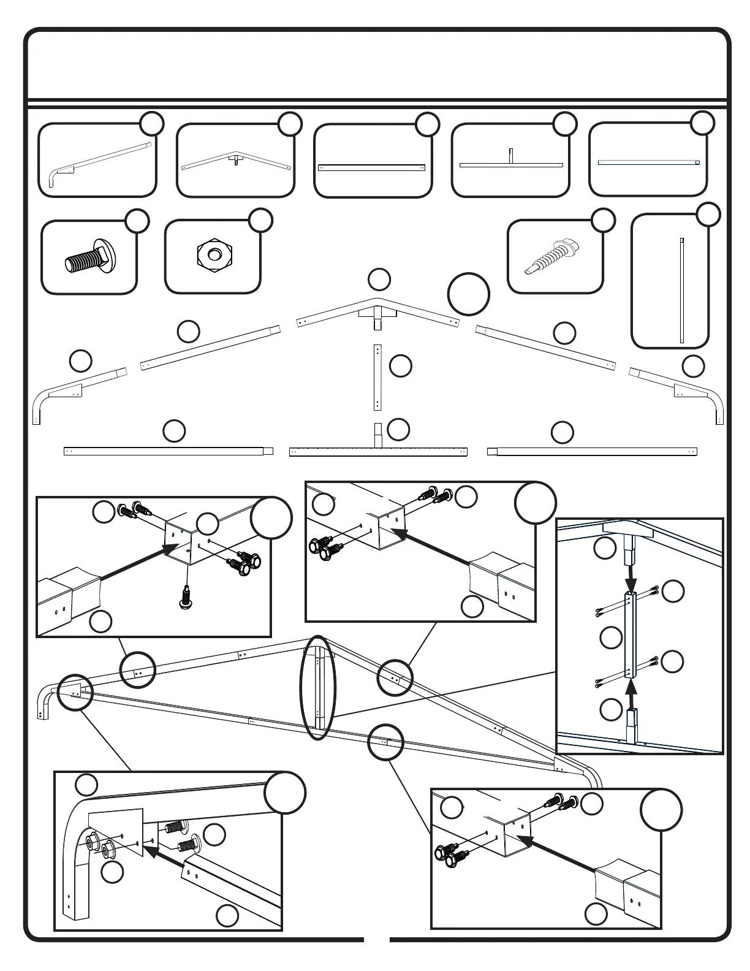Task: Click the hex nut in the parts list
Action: [214, 254]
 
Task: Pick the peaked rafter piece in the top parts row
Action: [235, 161]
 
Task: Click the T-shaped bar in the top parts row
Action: [510, 162]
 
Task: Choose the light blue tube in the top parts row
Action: [648, 162]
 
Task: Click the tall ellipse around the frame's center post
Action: [318, 687]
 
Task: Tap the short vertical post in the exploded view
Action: [377, 377]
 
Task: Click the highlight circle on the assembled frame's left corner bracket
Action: [75, 693]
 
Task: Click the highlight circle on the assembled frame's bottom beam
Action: [385, 742]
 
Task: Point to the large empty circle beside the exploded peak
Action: [468, 294]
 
